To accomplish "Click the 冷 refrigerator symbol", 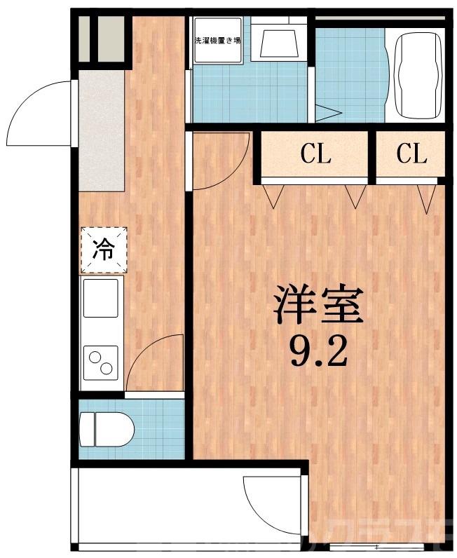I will click(x=104, y=250).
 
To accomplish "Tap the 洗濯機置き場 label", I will click(x=217, y=40).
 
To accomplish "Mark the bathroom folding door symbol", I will click(x=327, y=112).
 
